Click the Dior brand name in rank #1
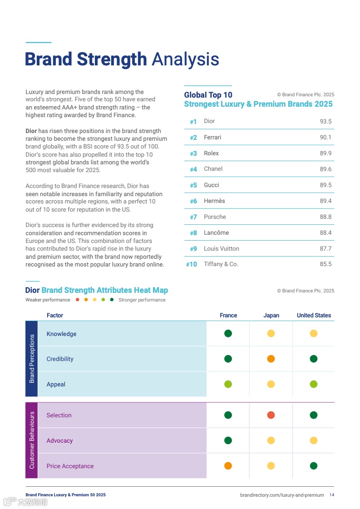pos(209,121)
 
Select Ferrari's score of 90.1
pos(325,138)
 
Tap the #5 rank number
pos(193,185)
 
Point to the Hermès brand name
pos(214,201)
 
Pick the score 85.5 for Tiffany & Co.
pos(325,264)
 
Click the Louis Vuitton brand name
pos(222,249)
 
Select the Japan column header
pos(271,316)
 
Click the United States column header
pos(314,316)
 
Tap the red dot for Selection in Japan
pos(271,415)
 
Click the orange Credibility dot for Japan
pos(271,359)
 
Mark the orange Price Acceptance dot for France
pos(228,466)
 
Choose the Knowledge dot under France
pos(228,334)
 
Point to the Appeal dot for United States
pos(314,384)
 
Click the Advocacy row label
pos(59,441)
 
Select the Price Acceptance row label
pos(70,466)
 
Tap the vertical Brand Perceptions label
pos(32,359)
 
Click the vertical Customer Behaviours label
pos(32,440)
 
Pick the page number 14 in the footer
pos(332,495)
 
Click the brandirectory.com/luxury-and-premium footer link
pos(282,495)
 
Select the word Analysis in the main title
pos(185,59)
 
